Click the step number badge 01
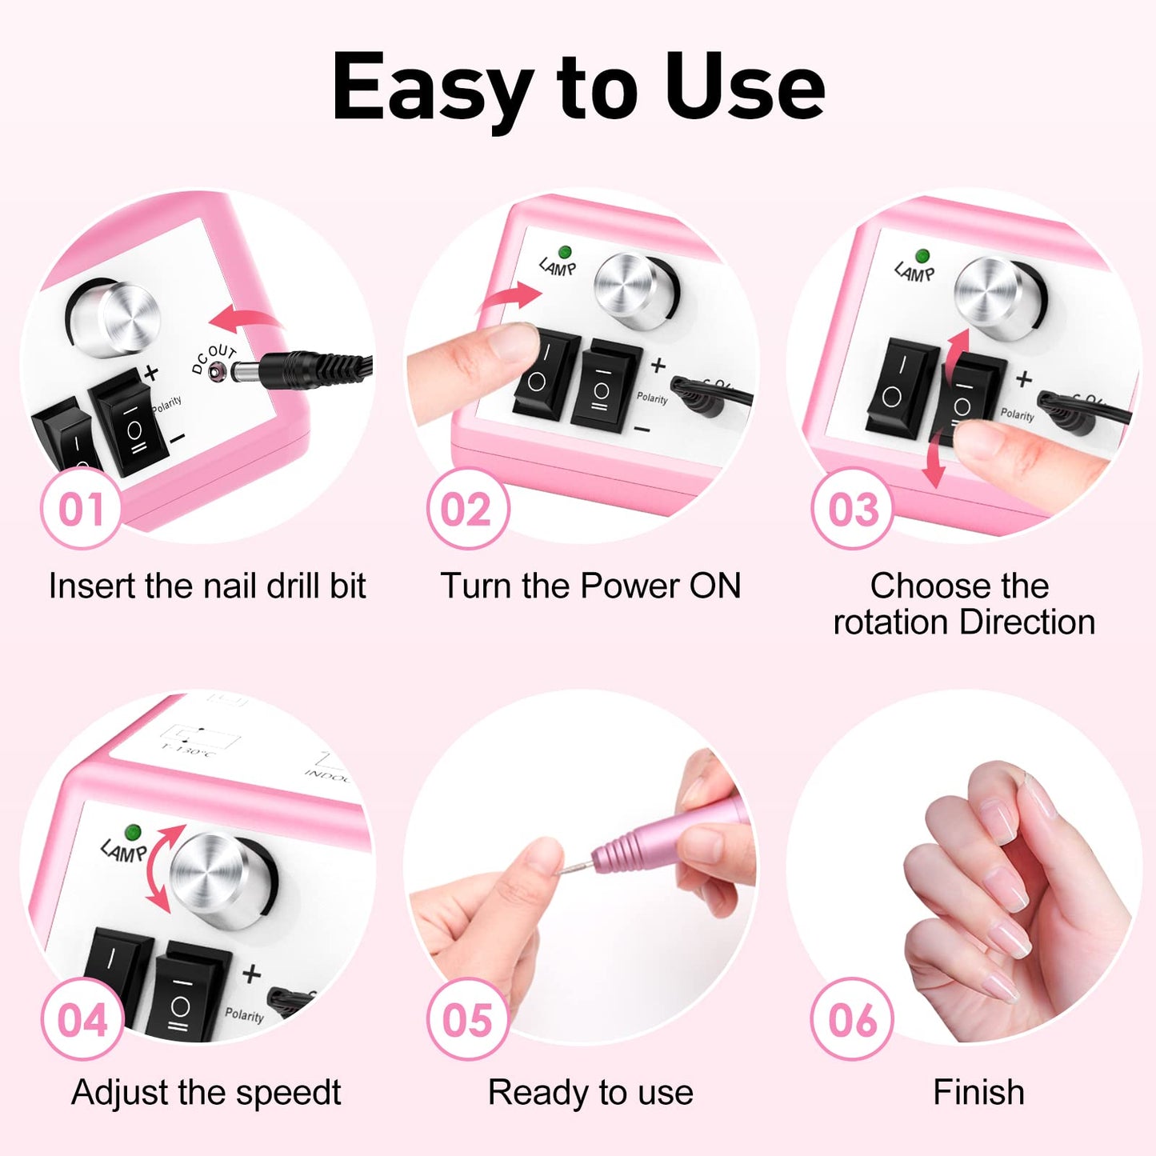[81, 509]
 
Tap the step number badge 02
[466, 509]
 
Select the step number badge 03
[852, 509]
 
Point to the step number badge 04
[82, 1019]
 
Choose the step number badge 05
[467, 1019]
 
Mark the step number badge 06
[852, 1019]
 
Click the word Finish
[978, 1092]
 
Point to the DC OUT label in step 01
[214, 358]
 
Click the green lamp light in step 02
[565, 252]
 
